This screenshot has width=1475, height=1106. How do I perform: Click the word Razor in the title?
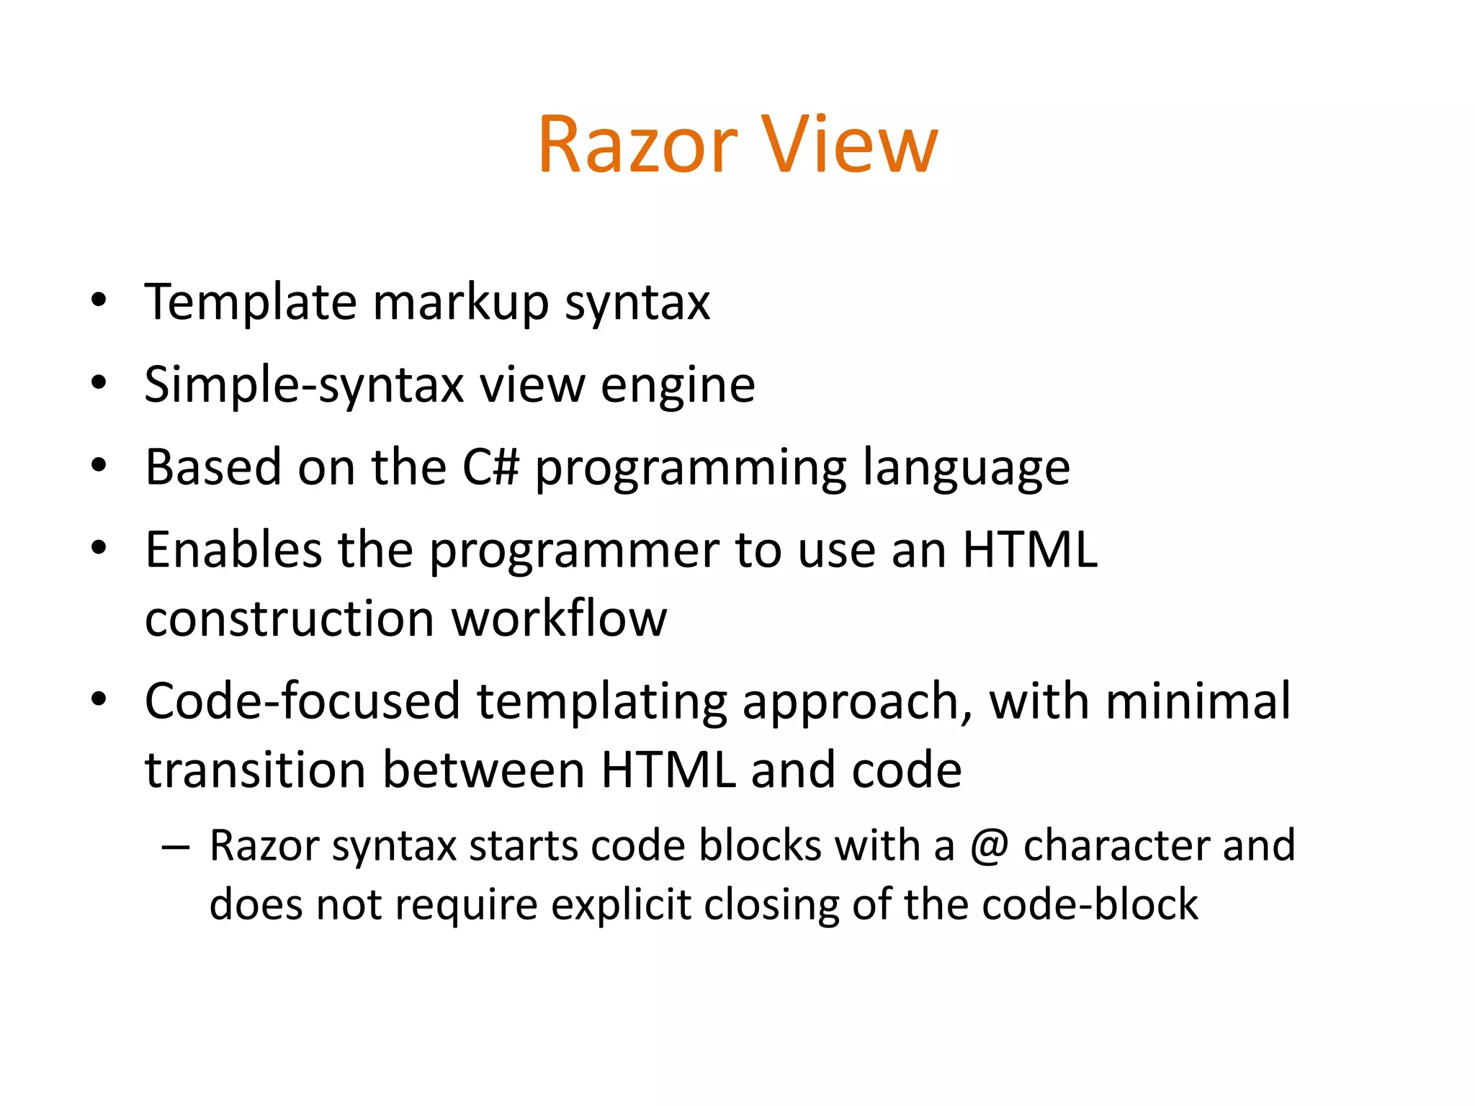tap(638, 145)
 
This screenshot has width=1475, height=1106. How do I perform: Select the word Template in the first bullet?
tap(251, 302)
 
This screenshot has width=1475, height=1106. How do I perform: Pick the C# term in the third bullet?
tap(490, 468)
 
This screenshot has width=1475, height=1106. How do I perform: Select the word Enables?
tap(233, 551)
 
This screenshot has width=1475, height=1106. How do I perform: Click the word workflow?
tap(559, 619)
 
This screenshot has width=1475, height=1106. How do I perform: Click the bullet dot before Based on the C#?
tap(99, 466)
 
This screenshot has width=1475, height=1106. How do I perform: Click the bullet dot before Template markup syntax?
tap(99, 300)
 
